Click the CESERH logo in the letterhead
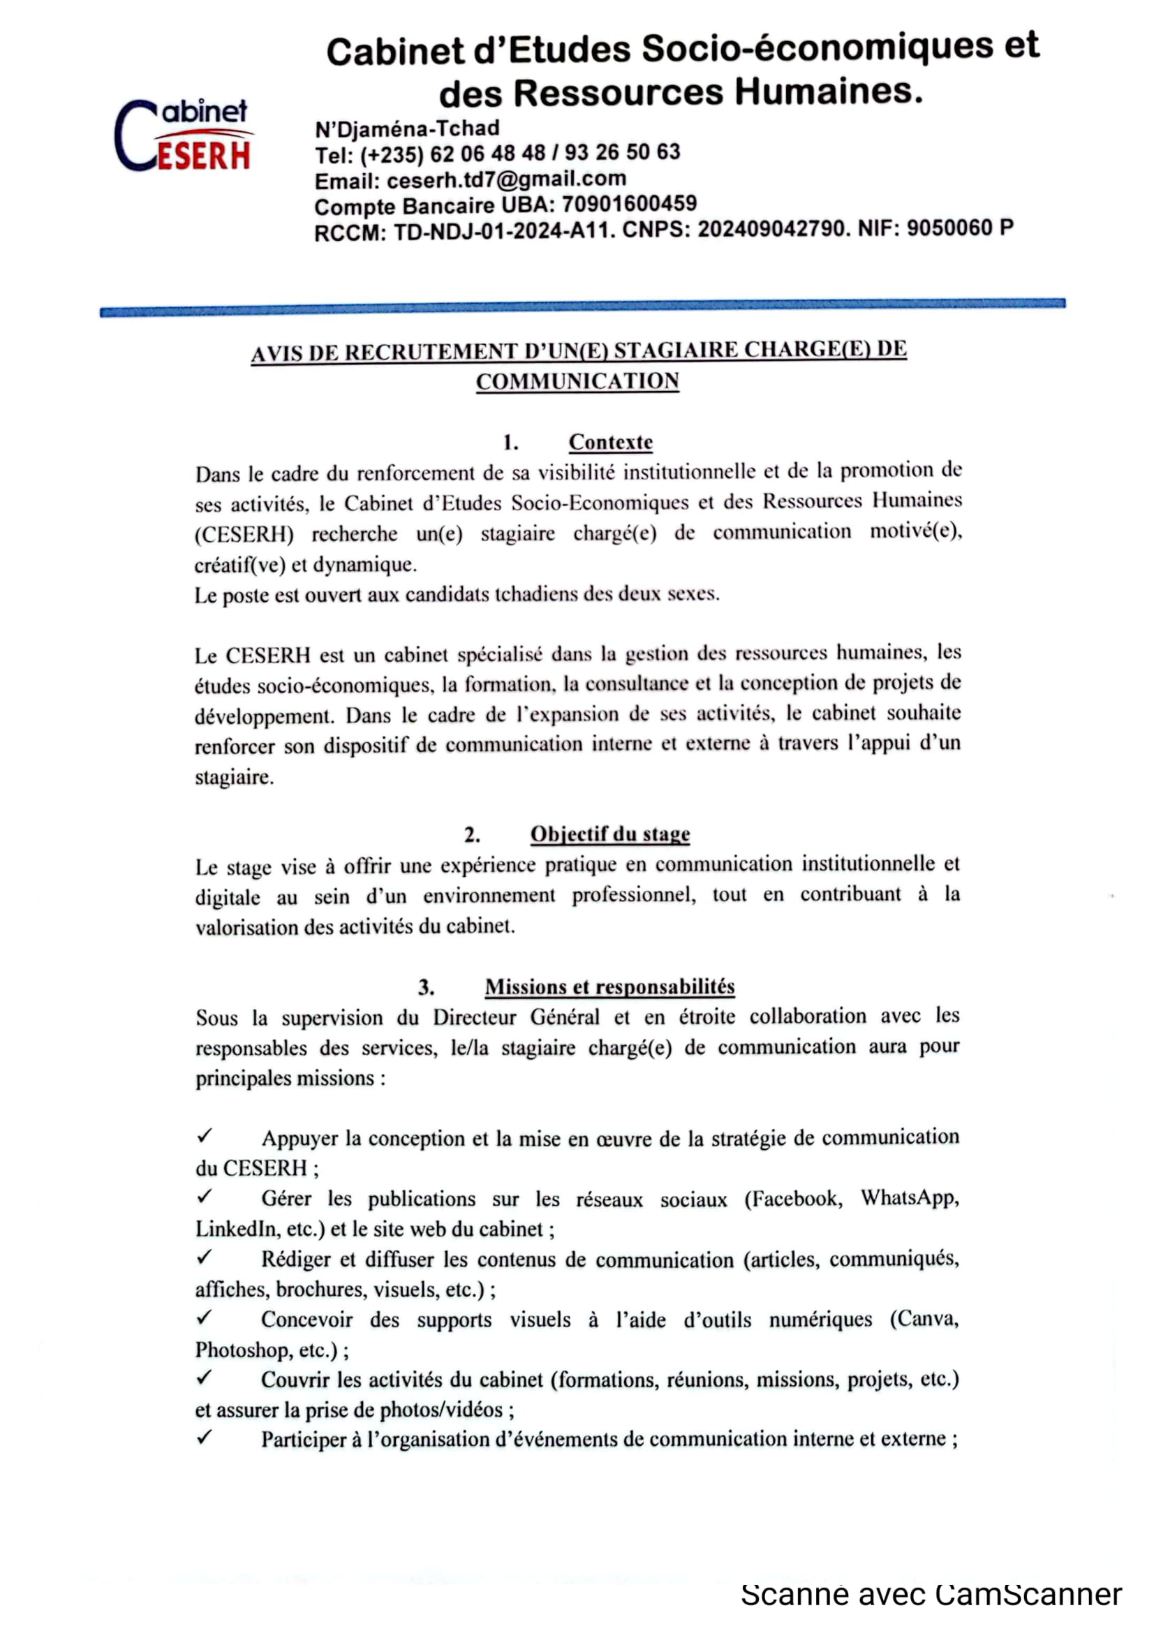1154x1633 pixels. pyautogui.click(x=184, y=136)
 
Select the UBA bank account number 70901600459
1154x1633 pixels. pyautogui.click(x=628, y=204)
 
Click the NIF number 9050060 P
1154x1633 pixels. pyautogui.click(x=959, y=228)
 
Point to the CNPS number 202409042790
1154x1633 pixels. pyautogui.click(x=772, y=229)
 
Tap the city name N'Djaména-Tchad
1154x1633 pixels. pyautogui.click(x=408, y=128)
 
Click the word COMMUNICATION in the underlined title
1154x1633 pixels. pyautogui.click(x=577, y=382)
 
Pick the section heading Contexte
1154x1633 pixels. pyautogui.click(x=610, y=443)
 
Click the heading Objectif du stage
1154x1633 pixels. pyautogui.click(x=610, y=834)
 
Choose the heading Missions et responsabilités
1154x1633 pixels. pyautogui.click(x=609, y=987)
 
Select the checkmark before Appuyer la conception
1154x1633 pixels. pyautogui.click(x=204, y=1137)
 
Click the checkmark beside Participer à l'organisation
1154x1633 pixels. pyautogui.click(x=204, y=1438)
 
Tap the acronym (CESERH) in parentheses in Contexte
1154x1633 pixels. pyautogui.click(x=244, y=533)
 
